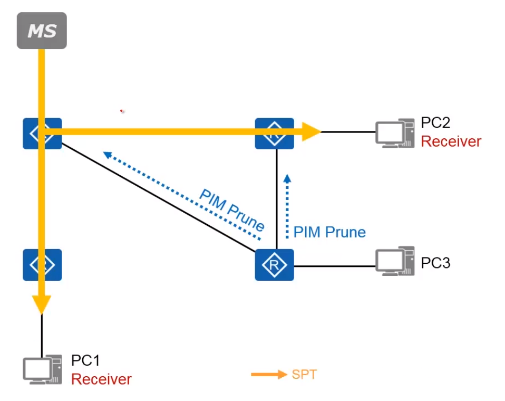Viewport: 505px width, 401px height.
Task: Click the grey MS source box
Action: [x=42, y=31]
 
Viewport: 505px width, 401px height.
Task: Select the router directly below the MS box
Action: [x=42, y=133]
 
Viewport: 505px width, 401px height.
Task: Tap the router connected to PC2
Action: [x=274, y=133]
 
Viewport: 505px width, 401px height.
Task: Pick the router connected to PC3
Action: [x=274, y=264]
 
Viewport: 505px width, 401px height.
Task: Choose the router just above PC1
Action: [x=42, y=264]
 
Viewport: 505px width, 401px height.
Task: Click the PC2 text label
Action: [x=435, y=123]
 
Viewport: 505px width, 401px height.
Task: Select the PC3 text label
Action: [x=435, y=263]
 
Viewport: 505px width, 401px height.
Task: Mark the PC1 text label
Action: [x=85, y=361]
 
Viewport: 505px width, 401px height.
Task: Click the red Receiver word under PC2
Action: [x=451, y=141]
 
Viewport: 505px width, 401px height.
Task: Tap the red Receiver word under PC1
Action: [x=101, y=379]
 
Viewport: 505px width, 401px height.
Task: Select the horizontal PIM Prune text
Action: [x=329, y=232]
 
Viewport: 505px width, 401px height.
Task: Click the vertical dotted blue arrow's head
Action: [x=287, y=178]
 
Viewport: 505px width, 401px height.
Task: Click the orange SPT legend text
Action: [x=304, y=375]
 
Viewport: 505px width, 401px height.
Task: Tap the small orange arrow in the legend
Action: [x=269, y=375]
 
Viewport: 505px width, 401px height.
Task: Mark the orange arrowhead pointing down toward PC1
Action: [x=42, y=305]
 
